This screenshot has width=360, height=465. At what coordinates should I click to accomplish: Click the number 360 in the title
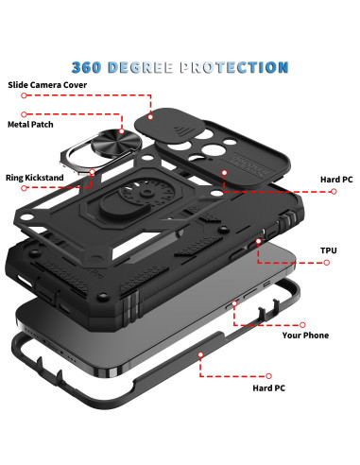pyautogui.click(x=87, y=67)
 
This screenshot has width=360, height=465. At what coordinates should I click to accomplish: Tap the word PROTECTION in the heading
pyautogui.click(x=234, y=67)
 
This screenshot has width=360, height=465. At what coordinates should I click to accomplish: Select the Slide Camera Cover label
pyautogui.click(x=47, y=85)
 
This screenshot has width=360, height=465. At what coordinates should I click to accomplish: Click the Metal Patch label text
pyautogui.click(x=30, y=125)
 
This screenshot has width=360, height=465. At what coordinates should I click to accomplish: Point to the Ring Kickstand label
pyautogui.click(x=35, y=178)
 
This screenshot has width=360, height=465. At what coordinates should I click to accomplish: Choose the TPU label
pyautogui.click(x=329, y=250)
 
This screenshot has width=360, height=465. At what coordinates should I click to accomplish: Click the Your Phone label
pyautogui.click(x=305, y=336)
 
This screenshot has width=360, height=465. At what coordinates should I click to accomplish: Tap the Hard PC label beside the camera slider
pyautogui.click(x=336, y=180)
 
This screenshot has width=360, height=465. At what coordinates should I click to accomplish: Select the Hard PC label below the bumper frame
pyautogui.click(x=268, y=388)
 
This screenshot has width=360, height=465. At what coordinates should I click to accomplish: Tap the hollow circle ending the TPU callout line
pyautogui.click(x=327, y=263)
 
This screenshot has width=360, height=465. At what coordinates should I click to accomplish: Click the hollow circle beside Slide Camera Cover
pyautogui.click(x=24, y=95)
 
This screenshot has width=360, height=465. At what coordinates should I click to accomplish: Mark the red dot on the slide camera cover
pyautogui.click(x=150, y=117)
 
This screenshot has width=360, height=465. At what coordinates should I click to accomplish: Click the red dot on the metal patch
pyautogui.click(x=122, y=131)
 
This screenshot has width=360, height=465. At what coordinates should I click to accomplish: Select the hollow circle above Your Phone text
pyautogui.click(x=302, y=325)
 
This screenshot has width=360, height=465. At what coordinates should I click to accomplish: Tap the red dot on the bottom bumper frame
pyautogui.click(x=200, y=354)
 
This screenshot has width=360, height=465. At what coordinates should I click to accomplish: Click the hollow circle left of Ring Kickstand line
pyautogui.click(x=24, y=188)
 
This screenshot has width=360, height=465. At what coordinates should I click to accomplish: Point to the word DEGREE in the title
pyautogui.click(x=141, y=67)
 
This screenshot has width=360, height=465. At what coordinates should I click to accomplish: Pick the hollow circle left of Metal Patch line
pyautogui.click(x=24, y=114)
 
